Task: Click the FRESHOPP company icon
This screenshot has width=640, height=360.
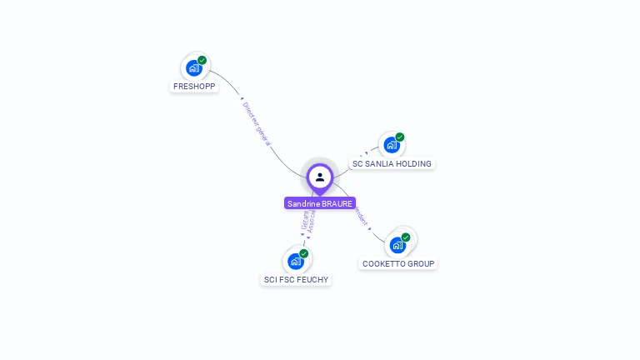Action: pos(193,68)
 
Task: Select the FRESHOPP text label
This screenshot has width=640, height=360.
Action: pos(194,87)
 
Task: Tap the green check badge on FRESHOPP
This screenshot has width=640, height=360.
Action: pos(202,60)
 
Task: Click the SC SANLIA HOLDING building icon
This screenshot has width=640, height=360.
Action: pos(391,145)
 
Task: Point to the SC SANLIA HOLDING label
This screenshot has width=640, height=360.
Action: pos(392,164)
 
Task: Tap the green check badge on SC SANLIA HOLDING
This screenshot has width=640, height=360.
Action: pos(400,137)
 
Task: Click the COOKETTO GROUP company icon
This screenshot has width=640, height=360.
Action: pos(397,245)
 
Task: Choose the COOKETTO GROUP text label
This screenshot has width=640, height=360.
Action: pos(398,264)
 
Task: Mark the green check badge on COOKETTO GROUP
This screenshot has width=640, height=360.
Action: pos(406,237)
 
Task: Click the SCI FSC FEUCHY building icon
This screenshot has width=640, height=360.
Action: pos(295,261)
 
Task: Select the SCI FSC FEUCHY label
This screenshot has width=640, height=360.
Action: pos(296,280)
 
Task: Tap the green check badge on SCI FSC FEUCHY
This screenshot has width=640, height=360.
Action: pos(303,253)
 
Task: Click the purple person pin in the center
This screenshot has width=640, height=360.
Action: pos(320,177)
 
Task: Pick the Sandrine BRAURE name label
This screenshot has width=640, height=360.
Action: pos(320,203)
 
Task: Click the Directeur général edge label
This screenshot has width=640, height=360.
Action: pos(257,124)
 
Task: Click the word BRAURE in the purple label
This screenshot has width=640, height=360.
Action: pos(337,203)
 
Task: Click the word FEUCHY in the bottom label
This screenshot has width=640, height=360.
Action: pos(312,280)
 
